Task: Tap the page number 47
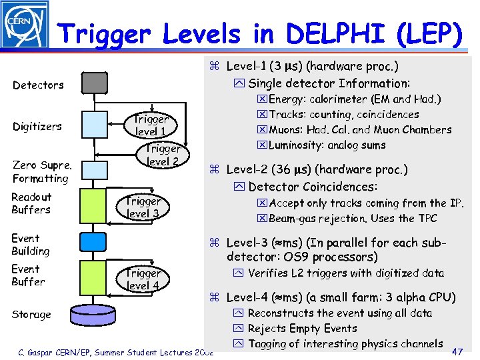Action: (458, 351)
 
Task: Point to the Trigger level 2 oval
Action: (163, 155)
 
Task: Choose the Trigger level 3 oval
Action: (143, 207)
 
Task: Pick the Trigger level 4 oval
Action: (143, 279)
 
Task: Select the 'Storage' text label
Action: (31, 315)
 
